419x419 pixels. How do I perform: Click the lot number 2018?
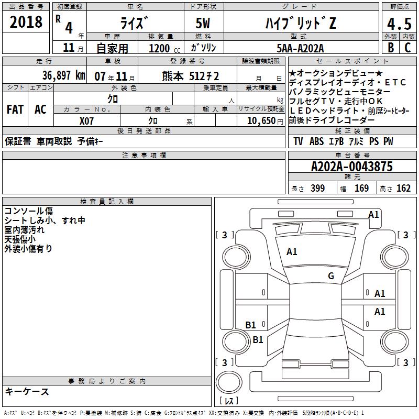coord(26,22)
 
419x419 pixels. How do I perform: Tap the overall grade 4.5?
coord(399,24)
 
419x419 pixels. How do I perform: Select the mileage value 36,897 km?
coord(63,75)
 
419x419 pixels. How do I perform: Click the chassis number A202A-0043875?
coord(352,167)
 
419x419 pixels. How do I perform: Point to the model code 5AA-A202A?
coord(300,48)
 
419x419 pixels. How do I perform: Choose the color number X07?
coord(86,121)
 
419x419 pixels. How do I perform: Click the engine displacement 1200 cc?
coord(164,48)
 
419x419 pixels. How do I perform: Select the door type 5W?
coord(203,23)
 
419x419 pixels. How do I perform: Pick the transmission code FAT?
coord(15,109)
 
